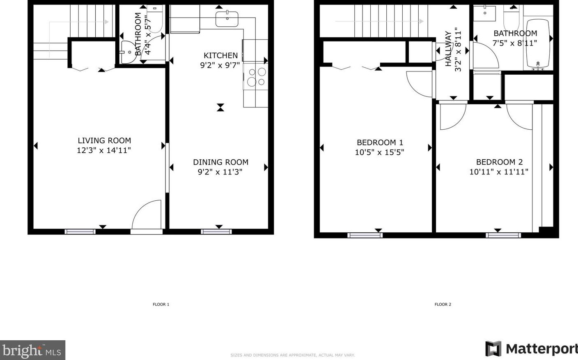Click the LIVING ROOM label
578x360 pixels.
pyautogui.click(x=104, y=141)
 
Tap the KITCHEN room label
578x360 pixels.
pyautogui.click(x=220, y=55)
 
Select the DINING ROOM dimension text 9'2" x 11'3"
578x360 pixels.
pyautogui.click(x=220, y=172)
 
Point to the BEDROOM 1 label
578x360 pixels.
pyautogui.click(x=380, y=143)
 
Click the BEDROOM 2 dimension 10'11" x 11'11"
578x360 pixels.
pyautogui.click(x=499, y=172)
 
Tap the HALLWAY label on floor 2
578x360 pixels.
pyautogui.click(x=448, y=49)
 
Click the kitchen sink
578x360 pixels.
pyautogui.click(x=227, y=18)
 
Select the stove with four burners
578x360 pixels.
pyautogui.click(x=256, y=77)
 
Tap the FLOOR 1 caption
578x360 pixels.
pyautogui.click(x=161, y=304)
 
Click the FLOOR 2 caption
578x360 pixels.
pyautogui.click(x=443, y=304)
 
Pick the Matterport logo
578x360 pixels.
pyautogui.click(x=531, y=349)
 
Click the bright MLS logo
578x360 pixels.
pyautogui.click(x=32, y=350)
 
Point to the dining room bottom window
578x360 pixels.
pyautogui.click(x=216, y=232)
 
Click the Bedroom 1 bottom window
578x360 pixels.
pyautogui.click(x=365, y=235)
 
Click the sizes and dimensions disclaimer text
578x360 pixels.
pyautogui.click(x=292, y=355)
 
